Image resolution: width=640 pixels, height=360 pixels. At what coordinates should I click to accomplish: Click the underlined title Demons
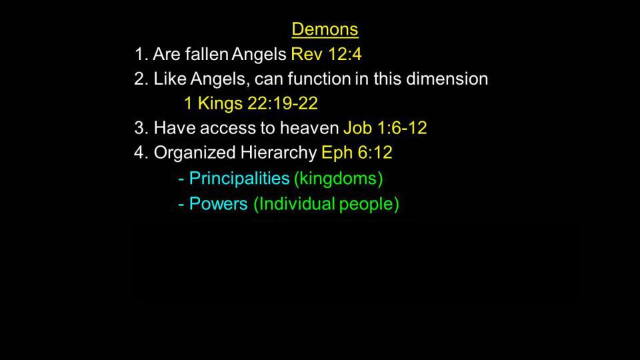pos(325,29)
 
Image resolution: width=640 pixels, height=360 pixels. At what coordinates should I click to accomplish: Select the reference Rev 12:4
pos(326,54)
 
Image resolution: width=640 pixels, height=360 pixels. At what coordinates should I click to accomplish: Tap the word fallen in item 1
pos(207,54)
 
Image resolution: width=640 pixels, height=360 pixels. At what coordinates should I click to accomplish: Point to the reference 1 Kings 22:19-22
pos(251,103)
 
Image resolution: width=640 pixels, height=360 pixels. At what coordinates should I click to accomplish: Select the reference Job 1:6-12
pos(385,128)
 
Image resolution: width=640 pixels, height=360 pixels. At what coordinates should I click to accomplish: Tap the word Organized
pos(194,153)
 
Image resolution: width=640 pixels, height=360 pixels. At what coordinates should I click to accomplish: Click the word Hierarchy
pos(279,153)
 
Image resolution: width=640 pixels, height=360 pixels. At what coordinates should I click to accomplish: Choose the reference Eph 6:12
pos(357,152)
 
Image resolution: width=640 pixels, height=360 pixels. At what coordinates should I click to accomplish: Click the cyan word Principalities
pos(239,179)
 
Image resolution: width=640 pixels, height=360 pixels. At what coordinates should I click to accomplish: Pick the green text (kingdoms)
pos(339,179)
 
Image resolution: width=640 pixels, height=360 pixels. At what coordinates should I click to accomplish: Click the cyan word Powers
pos(219,203)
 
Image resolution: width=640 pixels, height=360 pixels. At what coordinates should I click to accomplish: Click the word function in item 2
pos(319,79)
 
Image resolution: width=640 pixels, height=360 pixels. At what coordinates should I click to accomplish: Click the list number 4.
pos(139,153)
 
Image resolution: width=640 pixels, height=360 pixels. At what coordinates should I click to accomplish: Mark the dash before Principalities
pos(181,179)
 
